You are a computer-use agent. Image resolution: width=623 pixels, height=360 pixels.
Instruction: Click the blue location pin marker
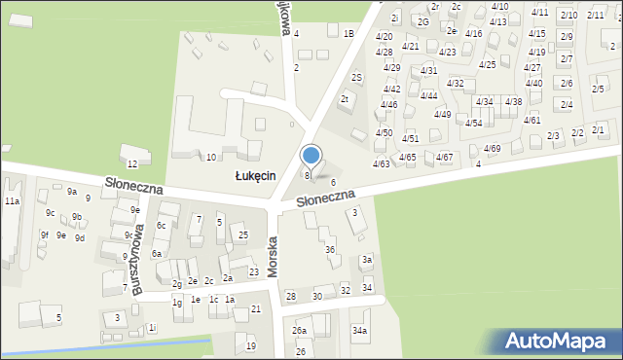tap(311, 156)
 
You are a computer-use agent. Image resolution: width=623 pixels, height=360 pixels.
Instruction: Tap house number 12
tap(131, 163)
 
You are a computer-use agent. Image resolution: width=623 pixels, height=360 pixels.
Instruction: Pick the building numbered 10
tap(210, 157)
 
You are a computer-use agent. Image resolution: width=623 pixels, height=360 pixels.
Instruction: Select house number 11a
tap(11, 200)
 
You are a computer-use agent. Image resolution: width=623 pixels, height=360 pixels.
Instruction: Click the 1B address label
tap(348, 33)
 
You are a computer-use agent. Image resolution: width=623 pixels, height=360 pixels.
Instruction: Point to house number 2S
tap(356, 77)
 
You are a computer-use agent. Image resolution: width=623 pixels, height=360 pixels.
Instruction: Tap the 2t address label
tap(345, 98)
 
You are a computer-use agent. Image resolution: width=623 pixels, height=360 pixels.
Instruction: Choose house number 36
tap(330, 250)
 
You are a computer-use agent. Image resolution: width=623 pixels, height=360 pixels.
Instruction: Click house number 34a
tap(360, 331)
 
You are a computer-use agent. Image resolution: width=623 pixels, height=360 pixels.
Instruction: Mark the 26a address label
tap(299, 331)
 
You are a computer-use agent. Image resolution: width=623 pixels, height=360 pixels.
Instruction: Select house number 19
tap(251, 345)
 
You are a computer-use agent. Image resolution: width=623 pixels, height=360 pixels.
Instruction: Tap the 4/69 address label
tap(492, 148)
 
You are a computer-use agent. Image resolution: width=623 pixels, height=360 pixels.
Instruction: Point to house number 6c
tap(163, 226)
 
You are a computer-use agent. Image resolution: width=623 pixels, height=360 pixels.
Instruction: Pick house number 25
tap(243, 235)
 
